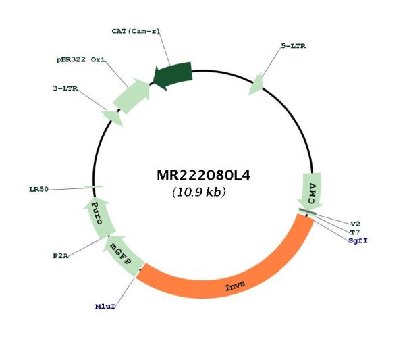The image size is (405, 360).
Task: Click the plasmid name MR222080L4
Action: (x=203, y=175)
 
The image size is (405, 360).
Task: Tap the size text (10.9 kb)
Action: (x=199, y=192)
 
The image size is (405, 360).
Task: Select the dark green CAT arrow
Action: (x=173, y=76)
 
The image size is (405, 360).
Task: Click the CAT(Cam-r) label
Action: (x=136, y=31)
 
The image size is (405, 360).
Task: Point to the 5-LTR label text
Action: (x=293, y=46)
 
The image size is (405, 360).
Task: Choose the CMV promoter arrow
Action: (x=310, y=190)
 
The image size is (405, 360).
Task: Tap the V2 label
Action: (x=355, y=224)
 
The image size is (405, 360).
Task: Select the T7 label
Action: (x=354, y=232)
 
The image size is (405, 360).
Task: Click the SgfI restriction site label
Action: (x=358, y=240)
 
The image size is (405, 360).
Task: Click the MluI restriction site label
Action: (x=105, y=307)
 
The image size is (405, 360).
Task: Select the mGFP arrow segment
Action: (x=122, y=255)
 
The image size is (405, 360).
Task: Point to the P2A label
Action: (x=61, y=256)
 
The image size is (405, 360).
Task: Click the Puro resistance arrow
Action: (x=99, y=217)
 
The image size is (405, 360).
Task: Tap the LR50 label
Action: (x=38, y=189)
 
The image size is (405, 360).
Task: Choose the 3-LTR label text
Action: (x=65, y=88)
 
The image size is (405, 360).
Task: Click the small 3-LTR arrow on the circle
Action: (x=113, y=118)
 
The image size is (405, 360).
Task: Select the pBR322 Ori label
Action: (x=81, y=59)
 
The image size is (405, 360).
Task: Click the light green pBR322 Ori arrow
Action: (x=131, y=97)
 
